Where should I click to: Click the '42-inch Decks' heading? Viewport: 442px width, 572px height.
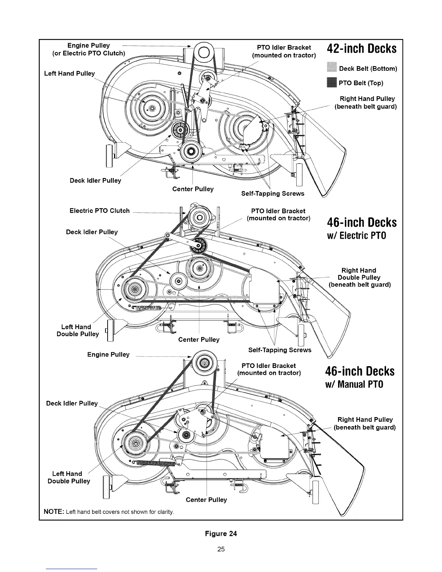[361, 49]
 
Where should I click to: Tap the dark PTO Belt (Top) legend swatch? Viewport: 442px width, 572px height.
[331, 83]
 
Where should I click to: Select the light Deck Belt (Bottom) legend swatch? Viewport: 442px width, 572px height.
[331, 68]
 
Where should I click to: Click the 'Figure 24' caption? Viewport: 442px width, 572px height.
[221, 534]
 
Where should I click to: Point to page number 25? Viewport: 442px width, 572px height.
[221, 549]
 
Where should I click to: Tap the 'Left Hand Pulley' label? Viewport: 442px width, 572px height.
[69, 74]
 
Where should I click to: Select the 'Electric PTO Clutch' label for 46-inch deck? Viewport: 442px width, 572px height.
[99, 211]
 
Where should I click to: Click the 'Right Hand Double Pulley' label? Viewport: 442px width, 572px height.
[359, 277]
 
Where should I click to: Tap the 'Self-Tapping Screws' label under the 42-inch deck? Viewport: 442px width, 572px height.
[273, 194]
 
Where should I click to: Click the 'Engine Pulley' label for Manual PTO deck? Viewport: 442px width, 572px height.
[108, 355]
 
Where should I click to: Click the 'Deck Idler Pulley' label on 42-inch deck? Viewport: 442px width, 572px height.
[95, 181]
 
